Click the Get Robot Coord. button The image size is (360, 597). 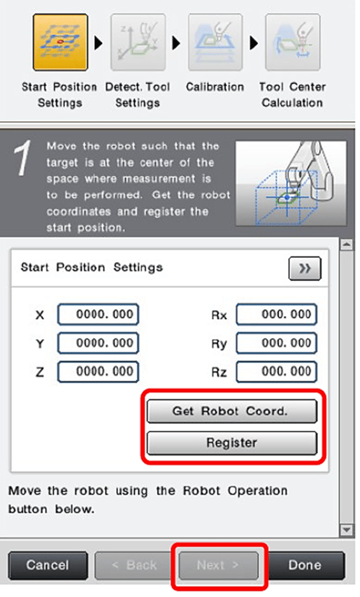click(x=232, y=411)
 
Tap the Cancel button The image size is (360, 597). click(x=48, y=565)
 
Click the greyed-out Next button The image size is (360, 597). click(x=219, y=565)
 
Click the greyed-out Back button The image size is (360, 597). click(x=134, y=565)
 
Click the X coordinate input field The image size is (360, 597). click(x=98, y=315)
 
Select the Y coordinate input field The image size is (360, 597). click(x=98, y=343)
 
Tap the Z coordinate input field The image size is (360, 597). click(x=98, y=371)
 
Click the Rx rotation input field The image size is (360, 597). click(x=277, y=315)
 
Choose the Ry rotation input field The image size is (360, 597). click(x=277, y=343)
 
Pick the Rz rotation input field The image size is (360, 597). click(x=277, y=371)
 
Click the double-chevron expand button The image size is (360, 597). click(x=305, y=269)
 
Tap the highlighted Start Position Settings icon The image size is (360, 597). click(x=60, y=42)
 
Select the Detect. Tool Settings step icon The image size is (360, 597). click(x=138, y=42)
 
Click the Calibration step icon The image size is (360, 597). click(x=215, y=42)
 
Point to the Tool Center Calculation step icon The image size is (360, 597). click(x=292, y=42)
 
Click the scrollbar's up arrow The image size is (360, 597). click(x=346, y=245)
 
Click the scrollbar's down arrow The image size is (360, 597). click(x=346, y=529)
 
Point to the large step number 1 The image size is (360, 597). click(x=22, y=157)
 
